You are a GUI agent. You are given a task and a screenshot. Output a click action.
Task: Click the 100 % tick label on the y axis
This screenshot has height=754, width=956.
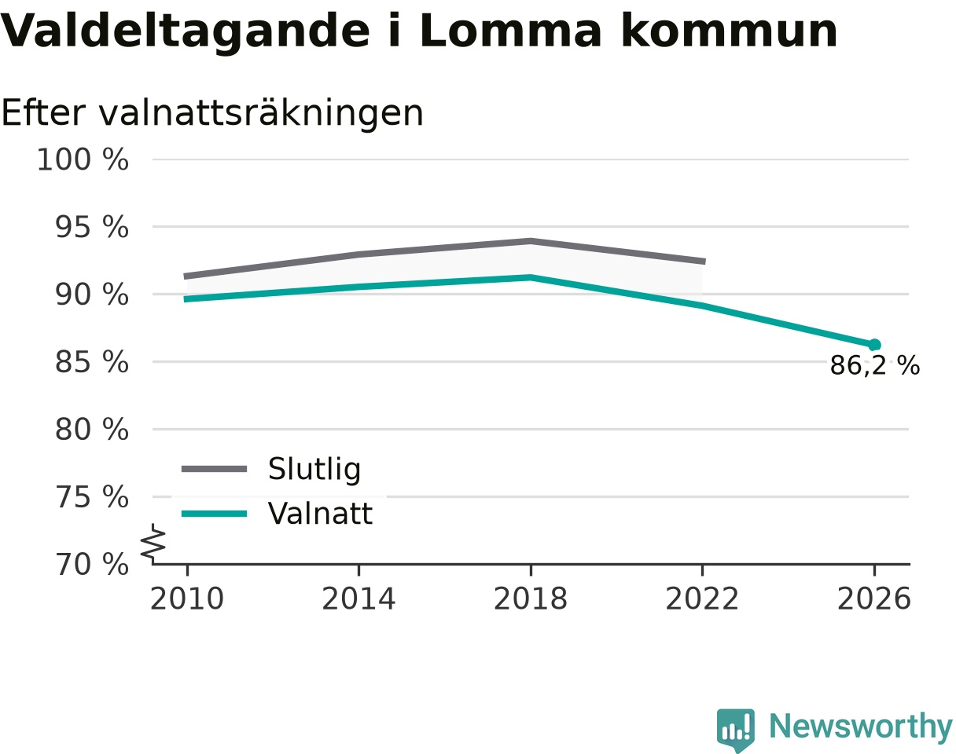click(x=83, y=159)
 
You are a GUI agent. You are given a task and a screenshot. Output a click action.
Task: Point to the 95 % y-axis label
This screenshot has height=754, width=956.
click(x=91, y=227)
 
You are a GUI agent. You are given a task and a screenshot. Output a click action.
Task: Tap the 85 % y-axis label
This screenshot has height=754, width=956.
click(x=91, y=362)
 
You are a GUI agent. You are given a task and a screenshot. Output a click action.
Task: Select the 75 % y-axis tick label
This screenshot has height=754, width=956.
click(x=91, y=497)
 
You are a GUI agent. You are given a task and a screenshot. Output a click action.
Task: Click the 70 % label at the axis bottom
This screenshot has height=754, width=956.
click(x=91, y=565)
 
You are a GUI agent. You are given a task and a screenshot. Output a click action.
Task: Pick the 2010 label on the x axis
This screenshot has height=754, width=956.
click(x=187, y=599)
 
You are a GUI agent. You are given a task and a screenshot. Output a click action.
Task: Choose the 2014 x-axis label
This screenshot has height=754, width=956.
click(x=358, y=599)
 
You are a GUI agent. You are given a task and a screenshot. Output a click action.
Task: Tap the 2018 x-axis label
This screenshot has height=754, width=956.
click(x=531, y=599)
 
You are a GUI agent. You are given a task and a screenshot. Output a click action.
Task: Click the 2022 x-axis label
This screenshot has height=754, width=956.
click(x=702, y=599)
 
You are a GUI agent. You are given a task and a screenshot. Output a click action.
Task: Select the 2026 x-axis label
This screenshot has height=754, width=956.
click(x=873, y=599)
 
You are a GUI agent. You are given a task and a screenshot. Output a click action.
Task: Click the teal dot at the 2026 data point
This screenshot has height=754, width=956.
click(x=874, y=345)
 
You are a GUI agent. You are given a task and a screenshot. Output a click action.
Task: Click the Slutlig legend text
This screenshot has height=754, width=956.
click(x=314, y=470)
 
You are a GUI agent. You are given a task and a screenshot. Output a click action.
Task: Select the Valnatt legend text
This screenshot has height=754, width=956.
click(x=320, y=514)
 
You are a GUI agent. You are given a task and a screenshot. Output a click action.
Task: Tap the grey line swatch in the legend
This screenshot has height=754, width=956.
click(x=214, y=469)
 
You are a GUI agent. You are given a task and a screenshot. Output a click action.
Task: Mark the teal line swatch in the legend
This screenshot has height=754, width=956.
click(x=214, y=514)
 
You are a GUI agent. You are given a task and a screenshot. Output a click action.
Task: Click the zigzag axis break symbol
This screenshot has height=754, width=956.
click(x=153, y=541)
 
